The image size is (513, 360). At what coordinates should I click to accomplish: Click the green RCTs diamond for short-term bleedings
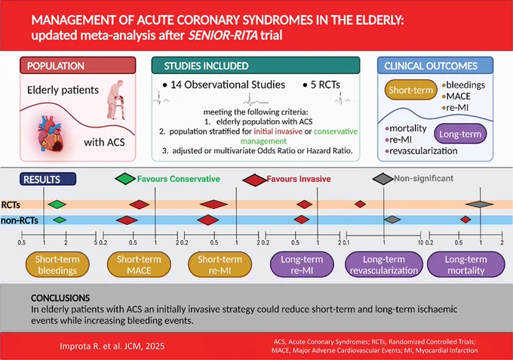click(x=57, y=205)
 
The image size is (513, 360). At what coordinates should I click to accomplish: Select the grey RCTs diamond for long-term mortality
click(x=480, y=205)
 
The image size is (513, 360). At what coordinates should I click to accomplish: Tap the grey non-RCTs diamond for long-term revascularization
click(x=392, y=220)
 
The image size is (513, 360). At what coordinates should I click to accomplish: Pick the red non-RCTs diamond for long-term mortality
click(x=465, y=220)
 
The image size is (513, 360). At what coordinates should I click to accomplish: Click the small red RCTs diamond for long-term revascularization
click(x=360, y=205)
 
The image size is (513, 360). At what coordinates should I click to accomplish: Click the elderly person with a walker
click(x=116, y=100)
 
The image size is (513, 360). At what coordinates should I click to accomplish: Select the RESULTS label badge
click(x=48, y=179)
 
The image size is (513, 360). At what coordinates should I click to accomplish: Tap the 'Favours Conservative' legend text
click(x=178, y=179)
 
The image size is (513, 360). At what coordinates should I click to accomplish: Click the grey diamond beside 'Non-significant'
click(x=382, y=179)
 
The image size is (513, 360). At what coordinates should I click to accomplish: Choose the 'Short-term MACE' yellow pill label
click(x=139, y=265)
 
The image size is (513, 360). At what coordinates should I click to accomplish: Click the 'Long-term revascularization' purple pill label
click(x=384, y=265)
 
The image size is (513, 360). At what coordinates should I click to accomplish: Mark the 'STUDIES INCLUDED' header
click(x=206, y=66)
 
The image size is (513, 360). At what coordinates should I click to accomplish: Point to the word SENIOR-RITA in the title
click(x=223, y=35)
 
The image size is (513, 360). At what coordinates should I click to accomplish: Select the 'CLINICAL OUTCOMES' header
click(x=431, y=66)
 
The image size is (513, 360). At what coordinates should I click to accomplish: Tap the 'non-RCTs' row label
click(x=20, y=220)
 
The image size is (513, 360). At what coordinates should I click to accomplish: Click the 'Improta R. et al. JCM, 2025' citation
click(x=112, y=346)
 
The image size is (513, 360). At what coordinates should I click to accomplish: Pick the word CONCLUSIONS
click(x=60, y=298)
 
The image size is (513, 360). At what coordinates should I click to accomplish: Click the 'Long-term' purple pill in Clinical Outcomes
click(x=460, y=134)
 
